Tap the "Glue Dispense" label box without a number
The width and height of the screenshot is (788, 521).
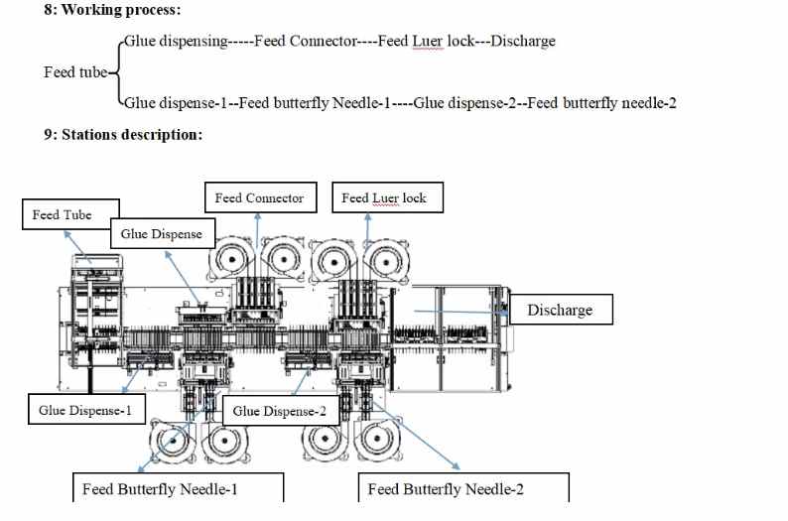tap(161, 234)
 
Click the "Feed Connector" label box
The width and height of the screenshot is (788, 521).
tap(259, 198)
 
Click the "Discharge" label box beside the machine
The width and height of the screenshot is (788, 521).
tap(559, 310)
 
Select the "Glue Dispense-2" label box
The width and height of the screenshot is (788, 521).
tap(279, 411)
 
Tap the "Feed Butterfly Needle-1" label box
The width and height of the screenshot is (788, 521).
tap(179, 488)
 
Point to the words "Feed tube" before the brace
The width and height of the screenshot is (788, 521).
tap(74, 72)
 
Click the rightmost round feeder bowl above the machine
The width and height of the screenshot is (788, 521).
tap(384, 260)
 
